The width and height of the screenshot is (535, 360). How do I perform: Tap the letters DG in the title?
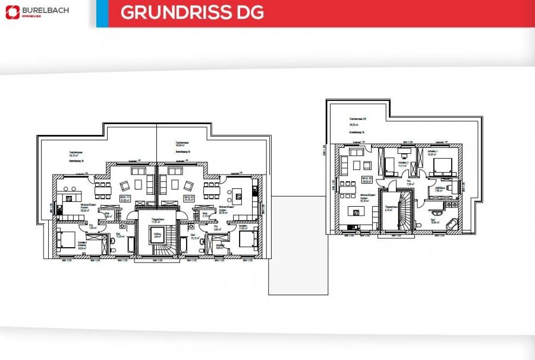tap(250, 13)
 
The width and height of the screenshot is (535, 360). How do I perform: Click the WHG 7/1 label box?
tap(125, 199)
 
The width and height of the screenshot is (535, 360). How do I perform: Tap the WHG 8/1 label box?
tap(190, 199)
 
